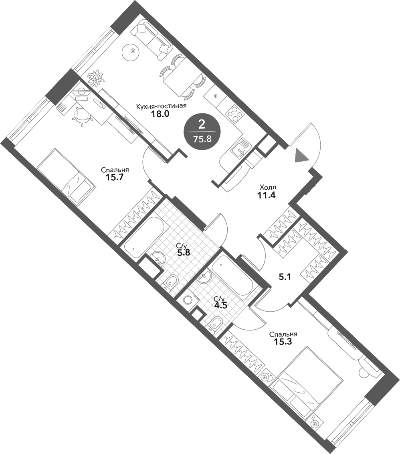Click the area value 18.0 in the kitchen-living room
click(161, 113)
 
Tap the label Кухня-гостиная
click(161, 106)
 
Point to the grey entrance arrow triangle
click(301, 155)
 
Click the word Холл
click(268, 187)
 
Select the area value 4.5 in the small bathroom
click(220, 304)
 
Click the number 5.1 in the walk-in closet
click(285, 276)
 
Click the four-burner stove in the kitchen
click(234, 114)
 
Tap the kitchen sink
click(240, 148)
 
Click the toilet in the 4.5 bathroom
click(216, 322)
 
